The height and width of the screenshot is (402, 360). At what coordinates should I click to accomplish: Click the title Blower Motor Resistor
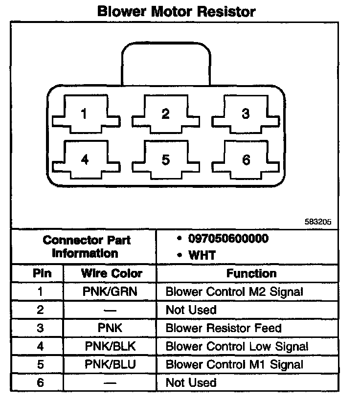tap(177, 11)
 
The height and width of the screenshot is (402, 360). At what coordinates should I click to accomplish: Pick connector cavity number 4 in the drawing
tap(84, 160)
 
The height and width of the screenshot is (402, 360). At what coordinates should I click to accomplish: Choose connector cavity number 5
tap(166, 160)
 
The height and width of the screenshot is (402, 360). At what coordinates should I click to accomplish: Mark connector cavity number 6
tap(246, 160)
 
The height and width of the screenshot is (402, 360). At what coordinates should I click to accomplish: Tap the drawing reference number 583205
tap(318, 222)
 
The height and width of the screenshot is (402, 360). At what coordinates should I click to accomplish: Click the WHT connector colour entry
tap(202, 255)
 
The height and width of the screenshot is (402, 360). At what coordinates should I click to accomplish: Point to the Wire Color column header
tap(112, 273)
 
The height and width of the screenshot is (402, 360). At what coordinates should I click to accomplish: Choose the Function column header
tap(251, 273)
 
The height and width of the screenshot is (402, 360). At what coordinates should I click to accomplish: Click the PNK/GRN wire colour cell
tap(111, 292)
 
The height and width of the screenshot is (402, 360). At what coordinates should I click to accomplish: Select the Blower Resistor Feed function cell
tap(230, 328)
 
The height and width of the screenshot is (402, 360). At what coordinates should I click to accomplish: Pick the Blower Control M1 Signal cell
tap(234, 365)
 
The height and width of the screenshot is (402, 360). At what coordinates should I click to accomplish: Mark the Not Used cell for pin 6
tap(191, 382)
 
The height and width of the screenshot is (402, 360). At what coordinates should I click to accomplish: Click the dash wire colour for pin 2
tap(111, 310)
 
